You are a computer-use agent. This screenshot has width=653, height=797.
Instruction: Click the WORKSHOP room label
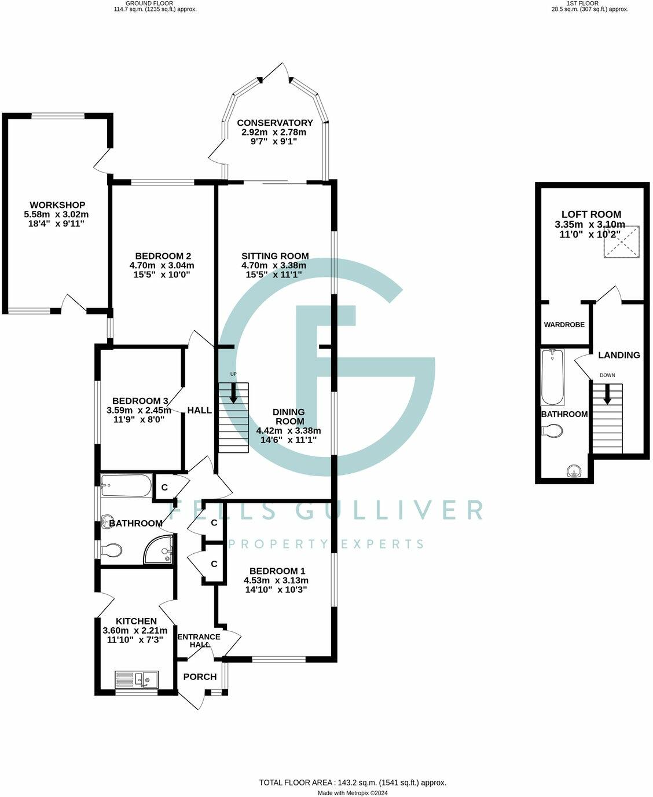(57, 205)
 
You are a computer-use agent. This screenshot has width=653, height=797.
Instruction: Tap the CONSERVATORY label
(274, 123)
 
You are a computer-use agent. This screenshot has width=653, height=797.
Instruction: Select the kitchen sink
(137, 678)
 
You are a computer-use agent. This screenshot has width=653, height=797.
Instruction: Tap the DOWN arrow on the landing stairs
(607, 396)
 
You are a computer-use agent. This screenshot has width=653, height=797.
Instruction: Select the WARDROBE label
(564, 325)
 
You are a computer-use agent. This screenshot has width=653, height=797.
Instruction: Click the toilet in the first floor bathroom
(553, 432)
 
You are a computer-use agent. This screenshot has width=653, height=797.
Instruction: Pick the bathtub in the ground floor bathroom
(126, 486)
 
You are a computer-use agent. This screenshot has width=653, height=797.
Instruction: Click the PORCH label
(200, 677)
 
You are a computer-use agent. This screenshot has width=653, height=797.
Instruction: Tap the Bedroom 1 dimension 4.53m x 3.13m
(276, 580)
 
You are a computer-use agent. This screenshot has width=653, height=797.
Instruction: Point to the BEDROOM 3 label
(140, 401)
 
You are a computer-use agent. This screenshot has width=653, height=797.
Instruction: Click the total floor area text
(353, 783)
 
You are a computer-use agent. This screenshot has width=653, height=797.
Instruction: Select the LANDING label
(619, 355)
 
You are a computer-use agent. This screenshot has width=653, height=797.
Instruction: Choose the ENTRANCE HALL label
(199, 641)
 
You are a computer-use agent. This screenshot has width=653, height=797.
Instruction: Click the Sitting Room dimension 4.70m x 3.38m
(274, 265)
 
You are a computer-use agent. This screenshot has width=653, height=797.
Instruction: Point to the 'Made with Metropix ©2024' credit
(353, 793)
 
